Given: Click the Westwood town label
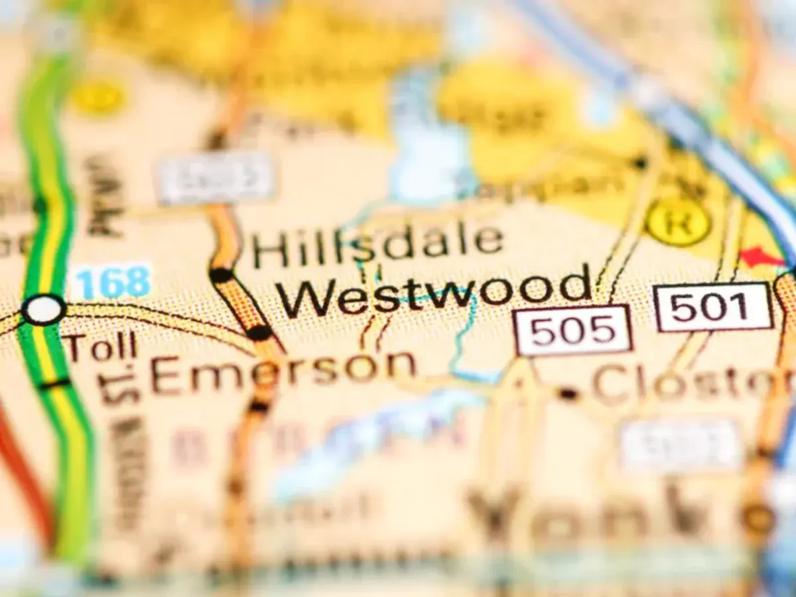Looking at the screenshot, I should (434, 291).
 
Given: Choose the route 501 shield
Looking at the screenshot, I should (713, 306).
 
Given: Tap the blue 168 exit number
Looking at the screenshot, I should (111, 282).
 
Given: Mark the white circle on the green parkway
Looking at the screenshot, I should (44, 309).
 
